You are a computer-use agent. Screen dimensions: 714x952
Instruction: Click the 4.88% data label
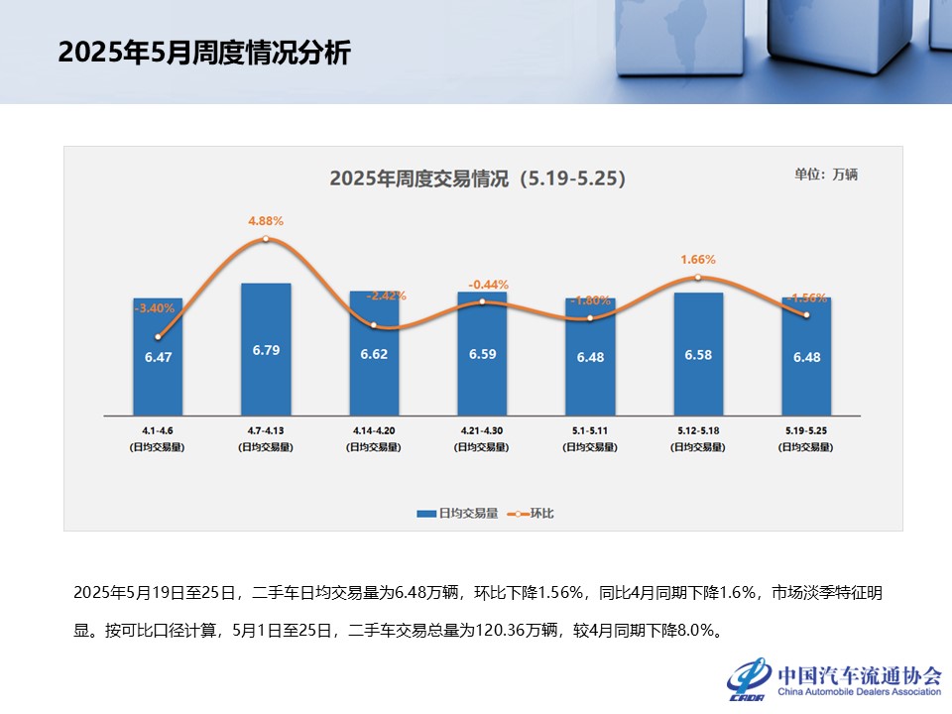(x=266, y=220)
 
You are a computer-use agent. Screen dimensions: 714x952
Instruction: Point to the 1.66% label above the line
(x=698, y=260)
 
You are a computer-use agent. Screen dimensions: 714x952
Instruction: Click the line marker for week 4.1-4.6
(x=158, y=337)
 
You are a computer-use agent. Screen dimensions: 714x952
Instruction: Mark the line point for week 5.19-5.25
(x=806, y=315)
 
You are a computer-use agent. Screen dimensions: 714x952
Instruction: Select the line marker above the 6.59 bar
(x=482, y=301)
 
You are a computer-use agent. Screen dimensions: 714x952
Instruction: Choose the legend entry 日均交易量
(x=456, y=514)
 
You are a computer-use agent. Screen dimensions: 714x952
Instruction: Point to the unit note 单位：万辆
(x=825, y=175)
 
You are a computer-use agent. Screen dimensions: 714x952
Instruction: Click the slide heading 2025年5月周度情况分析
(x=204, y=53)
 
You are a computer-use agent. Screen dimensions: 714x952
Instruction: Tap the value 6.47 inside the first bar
(x=158, y=357)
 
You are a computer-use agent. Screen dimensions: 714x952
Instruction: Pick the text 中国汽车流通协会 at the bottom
(x=859, y=674)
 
